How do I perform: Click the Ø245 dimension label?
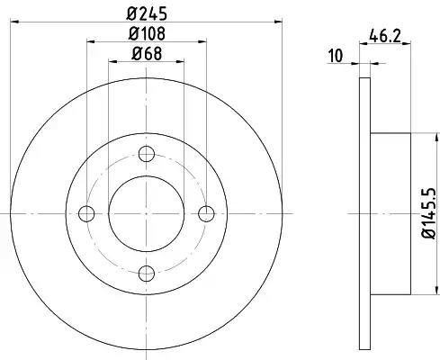tap(147, 13)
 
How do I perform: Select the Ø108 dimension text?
tap(147, 33)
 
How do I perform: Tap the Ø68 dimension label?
tap(147, 54)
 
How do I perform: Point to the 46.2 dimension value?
tap(385, 36)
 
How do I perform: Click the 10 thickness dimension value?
tap(336, 56)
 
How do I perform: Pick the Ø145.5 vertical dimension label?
tap(429, 213)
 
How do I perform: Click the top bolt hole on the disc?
tap(147, 154)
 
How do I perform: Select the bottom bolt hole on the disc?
tap(147, 274)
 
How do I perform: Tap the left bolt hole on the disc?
tap(86, 214)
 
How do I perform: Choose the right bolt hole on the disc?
tap(206, 214)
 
